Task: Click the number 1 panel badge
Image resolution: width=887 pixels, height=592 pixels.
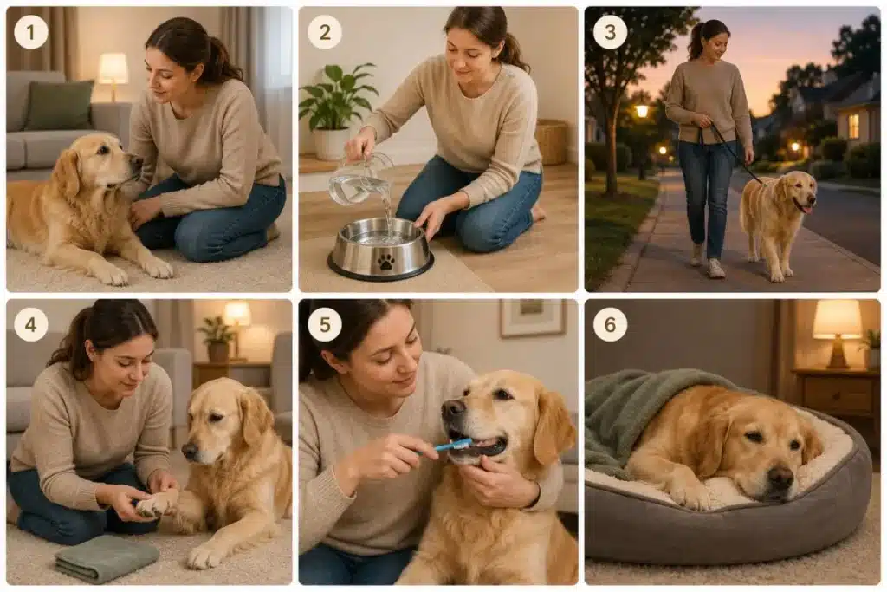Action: point(30,32)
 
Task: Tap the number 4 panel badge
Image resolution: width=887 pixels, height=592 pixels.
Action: point(30,324)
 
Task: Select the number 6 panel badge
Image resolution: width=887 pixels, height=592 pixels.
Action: point(610,324)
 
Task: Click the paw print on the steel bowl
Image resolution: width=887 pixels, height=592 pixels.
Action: point(385,260)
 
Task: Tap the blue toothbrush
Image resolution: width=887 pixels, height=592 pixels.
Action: point(450,446)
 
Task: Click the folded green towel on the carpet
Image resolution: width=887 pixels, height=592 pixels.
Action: point(107,558)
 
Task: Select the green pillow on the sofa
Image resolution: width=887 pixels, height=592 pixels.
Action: point(59,105)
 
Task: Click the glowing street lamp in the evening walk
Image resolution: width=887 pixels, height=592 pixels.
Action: point(642,111)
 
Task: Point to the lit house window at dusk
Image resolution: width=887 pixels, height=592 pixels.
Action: point(853,126)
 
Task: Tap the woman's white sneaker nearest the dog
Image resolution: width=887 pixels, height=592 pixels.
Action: point(716,269)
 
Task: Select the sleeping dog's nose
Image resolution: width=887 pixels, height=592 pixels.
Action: point(780,478)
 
